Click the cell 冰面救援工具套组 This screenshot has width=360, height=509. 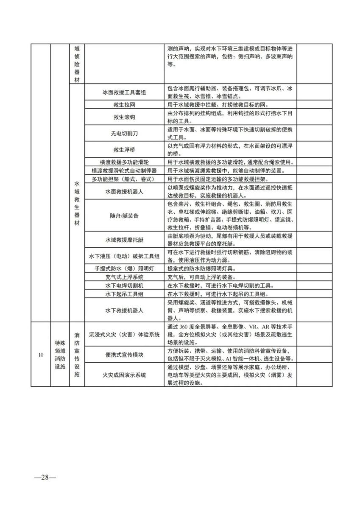[x=124, y=92]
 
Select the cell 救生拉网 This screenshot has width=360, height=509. [x=124, y=104]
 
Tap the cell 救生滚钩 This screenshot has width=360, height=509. [x=124, y=117]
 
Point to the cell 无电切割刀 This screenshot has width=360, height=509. [x=124, y=133]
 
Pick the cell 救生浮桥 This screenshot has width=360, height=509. [x=124, y=149]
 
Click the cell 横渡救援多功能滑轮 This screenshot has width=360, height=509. [x=124, y=162]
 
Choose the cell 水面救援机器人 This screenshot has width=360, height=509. [x=124, y=191]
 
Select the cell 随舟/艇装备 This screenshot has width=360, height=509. [x=124, y=215]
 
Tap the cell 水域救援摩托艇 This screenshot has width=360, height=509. [x=124, y=240]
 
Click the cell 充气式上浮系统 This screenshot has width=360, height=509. [x=124, y=277]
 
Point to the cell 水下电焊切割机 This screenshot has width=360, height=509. [x=124, y=285]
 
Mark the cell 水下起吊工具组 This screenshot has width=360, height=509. [x=124, y=294]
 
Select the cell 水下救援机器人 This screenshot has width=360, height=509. [x=124, y=310]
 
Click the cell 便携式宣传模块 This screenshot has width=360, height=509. [x=124, y=355]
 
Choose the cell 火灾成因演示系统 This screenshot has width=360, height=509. [x=124, y=375]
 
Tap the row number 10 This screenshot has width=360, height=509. [x=41, y=355]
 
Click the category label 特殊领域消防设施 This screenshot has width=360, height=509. [x=60, y=355]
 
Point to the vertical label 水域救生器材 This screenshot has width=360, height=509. [x=77, y=203]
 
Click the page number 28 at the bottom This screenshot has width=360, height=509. [x=45, y=477]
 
